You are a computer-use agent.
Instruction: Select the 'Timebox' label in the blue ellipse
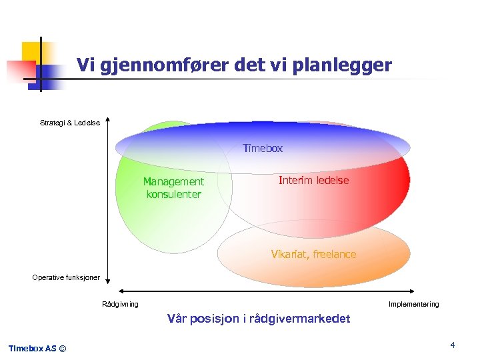[x=263, y=149]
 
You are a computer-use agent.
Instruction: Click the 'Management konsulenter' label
[x=174, y=188]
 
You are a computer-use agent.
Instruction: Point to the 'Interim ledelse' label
[x=313, y=181]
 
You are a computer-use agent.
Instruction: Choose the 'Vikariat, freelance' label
[x=313, y=254]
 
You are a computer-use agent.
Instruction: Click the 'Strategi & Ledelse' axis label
[x=70, y=123]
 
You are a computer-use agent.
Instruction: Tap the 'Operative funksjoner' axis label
[x=66, y=277]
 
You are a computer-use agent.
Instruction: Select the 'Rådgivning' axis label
[x=121, y=305]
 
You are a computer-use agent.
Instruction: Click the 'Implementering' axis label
[x=414, y=305]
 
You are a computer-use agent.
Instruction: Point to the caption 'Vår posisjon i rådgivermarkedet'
[x=259, y=319]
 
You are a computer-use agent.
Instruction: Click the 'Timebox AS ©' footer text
[x=37, y=348]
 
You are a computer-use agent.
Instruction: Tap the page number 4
[x=452, y=345]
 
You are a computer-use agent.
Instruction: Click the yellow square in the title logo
[x=31, y=51]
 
